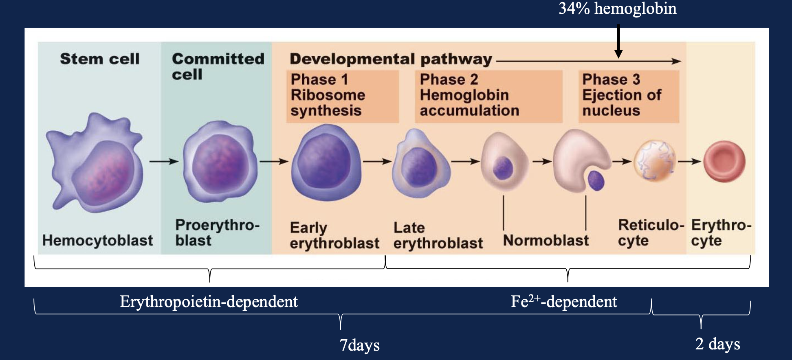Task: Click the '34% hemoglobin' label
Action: pyautogui.click(x=617, y=9)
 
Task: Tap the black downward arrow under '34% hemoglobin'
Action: pyautogui.click(x=618, y=41)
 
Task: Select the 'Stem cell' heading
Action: pyautogui.click(x=100, y=59)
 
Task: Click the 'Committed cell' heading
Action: pyautogui.click(x=218, y=66)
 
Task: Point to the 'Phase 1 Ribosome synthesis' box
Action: pyautogui.click(x=342, y=96)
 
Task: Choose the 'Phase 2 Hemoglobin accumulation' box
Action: pyautogui.click(x=488, y=96)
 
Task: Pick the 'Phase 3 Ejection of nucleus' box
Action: pyautogui.click(x=628, y=96)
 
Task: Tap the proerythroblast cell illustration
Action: pyautogui.click(x=220, y=162)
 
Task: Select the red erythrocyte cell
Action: pyautogui.click(x=724, y=161)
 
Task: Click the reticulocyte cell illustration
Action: pyautogui.click(x=654, y=161)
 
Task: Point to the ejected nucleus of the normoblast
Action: pyautogui.click(x=596, y=180)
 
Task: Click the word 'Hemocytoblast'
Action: pyautogui.click(x=98, y=240)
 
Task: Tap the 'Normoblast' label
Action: pyautogui.click(x=546, y=240)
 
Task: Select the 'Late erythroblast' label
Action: pyautogui.click(x=438, y=235)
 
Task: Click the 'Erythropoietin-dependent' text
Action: pyautogui.click(x=209, y=302)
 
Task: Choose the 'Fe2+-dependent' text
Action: pyautogui.click(x=564, y=302)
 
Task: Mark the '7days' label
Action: pyautogui.click(x=359, y=345)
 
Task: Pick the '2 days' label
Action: pyautogui.click(x=717, y=344)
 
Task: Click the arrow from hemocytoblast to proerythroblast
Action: pyautogui.click(x=164, y=162)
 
